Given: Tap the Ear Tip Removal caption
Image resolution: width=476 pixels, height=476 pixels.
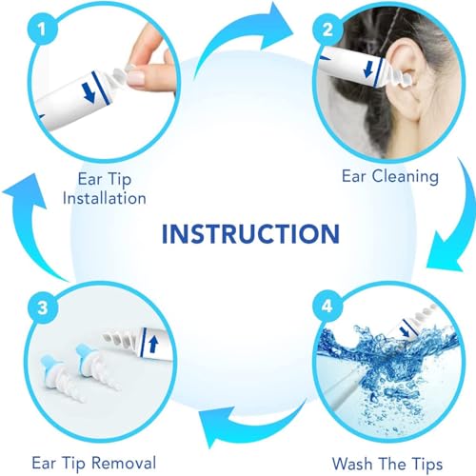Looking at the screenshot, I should [92, 463].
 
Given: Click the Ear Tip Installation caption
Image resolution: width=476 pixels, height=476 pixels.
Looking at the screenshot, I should [113, 187].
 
